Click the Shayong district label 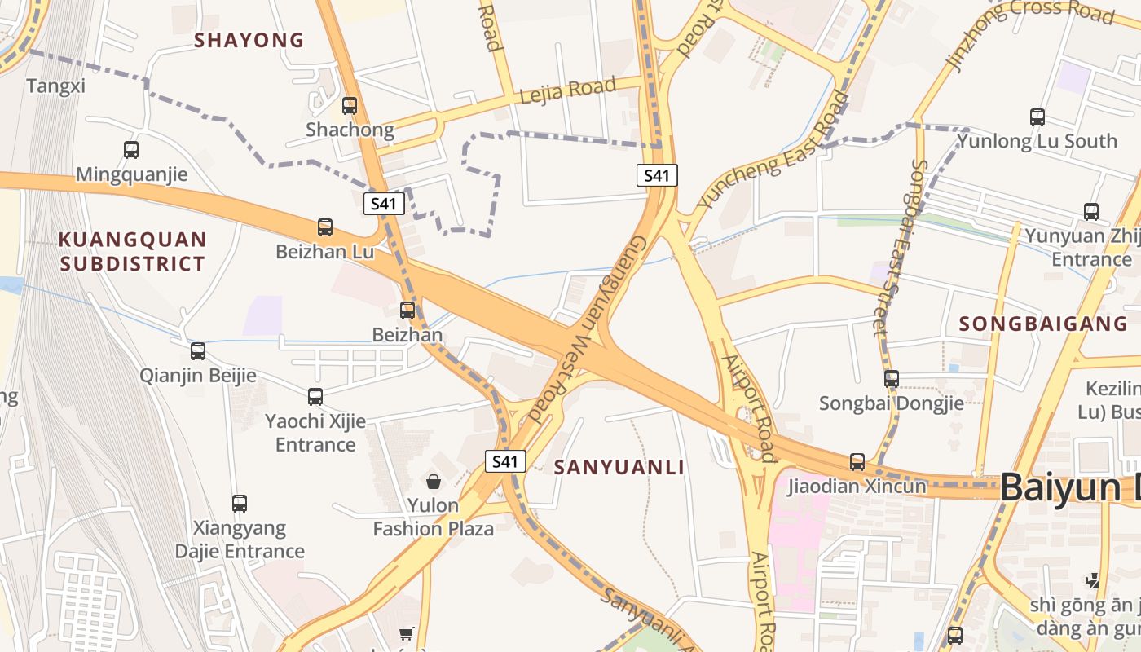[x=249, y=40]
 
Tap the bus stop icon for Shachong [x=350, y=105]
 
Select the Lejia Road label [x=567, y=89]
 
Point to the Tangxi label [x=55, y=86]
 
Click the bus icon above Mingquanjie [x=131, y=150]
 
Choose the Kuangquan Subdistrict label [x=133, y=251]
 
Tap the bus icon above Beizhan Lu [x=325, y=227]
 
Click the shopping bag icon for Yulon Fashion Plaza [x=434, y=482]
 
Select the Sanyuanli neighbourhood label [x=619, y=468]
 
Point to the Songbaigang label [x=1043, y=324]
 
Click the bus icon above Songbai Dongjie [x=892, y=379]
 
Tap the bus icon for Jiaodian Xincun [x=857, y=462]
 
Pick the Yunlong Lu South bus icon [x=1037, y=117]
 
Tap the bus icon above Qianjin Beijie [x=198, y=351]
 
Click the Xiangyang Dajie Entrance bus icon [x=240, y=504]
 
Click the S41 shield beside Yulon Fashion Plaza [x=505, y=461]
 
